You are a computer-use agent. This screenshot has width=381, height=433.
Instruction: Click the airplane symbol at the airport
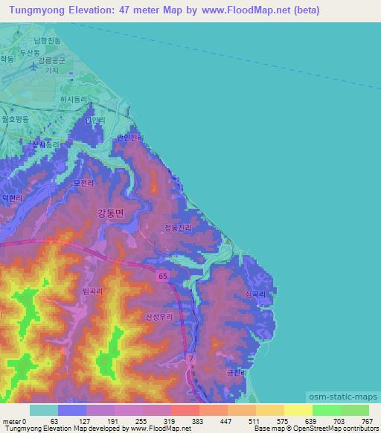click(33, 65)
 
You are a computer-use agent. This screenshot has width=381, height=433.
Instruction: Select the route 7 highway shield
click(191, 359)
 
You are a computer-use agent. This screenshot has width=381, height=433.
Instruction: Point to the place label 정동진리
click(177, 230)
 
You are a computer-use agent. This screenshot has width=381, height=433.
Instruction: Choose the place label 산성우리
click(159, 316)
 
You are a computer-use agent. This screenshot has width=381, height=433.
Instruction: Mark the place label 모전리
click(83, 182)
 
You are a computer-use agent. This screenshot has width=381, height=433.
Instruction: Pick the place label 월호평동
click(15, 118)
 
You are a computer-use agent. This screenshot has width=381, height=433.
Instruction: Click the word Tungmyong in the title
click(37, 10)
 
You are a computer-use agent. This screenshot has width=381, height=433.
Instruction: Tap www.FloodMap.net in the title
click(242, 10)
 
